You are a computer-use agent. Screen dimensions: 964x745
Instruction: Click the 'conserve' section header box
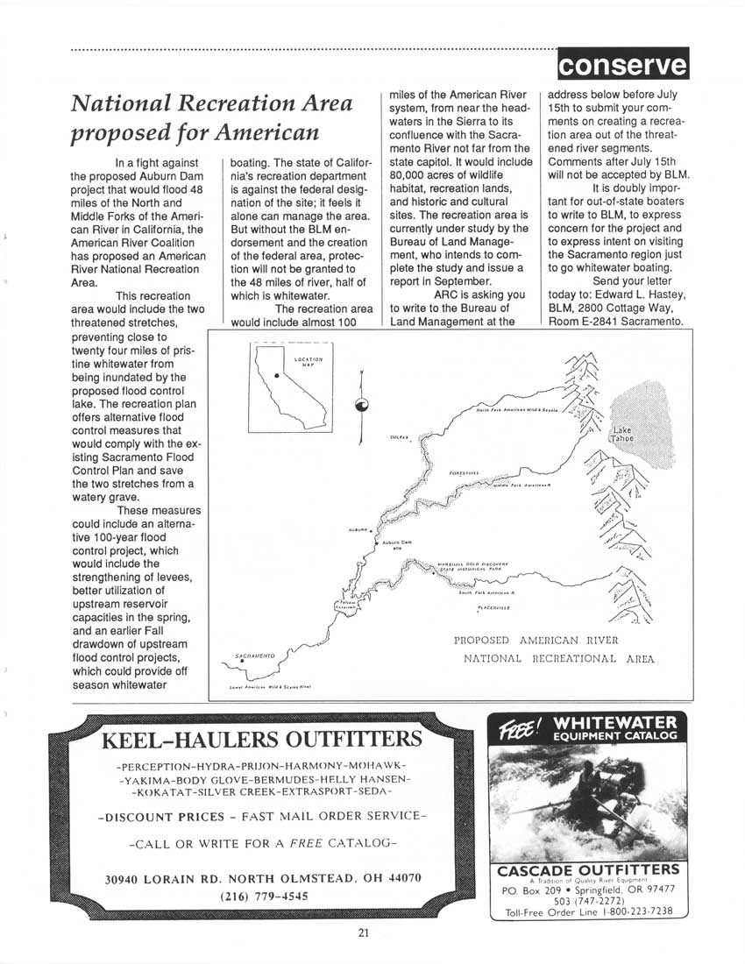622,64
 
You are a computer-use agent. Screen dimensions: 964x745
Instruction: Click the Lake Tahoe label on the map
622,434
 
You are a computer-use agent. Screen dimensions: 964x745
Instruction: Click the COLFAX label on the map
399,436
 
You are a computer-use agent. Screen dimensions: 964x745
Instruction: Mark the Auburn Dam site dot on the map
377,544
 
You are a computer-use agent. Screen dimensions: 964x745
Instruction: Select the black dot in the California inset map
277,375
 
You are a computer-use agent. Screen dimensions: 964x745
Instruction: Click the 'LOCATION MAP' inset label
308,361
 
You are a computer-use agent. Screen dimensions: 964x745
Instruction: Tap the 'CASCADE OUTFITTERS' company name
586,870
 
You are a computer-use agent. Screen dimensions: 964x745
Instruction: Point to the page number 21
363,932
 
